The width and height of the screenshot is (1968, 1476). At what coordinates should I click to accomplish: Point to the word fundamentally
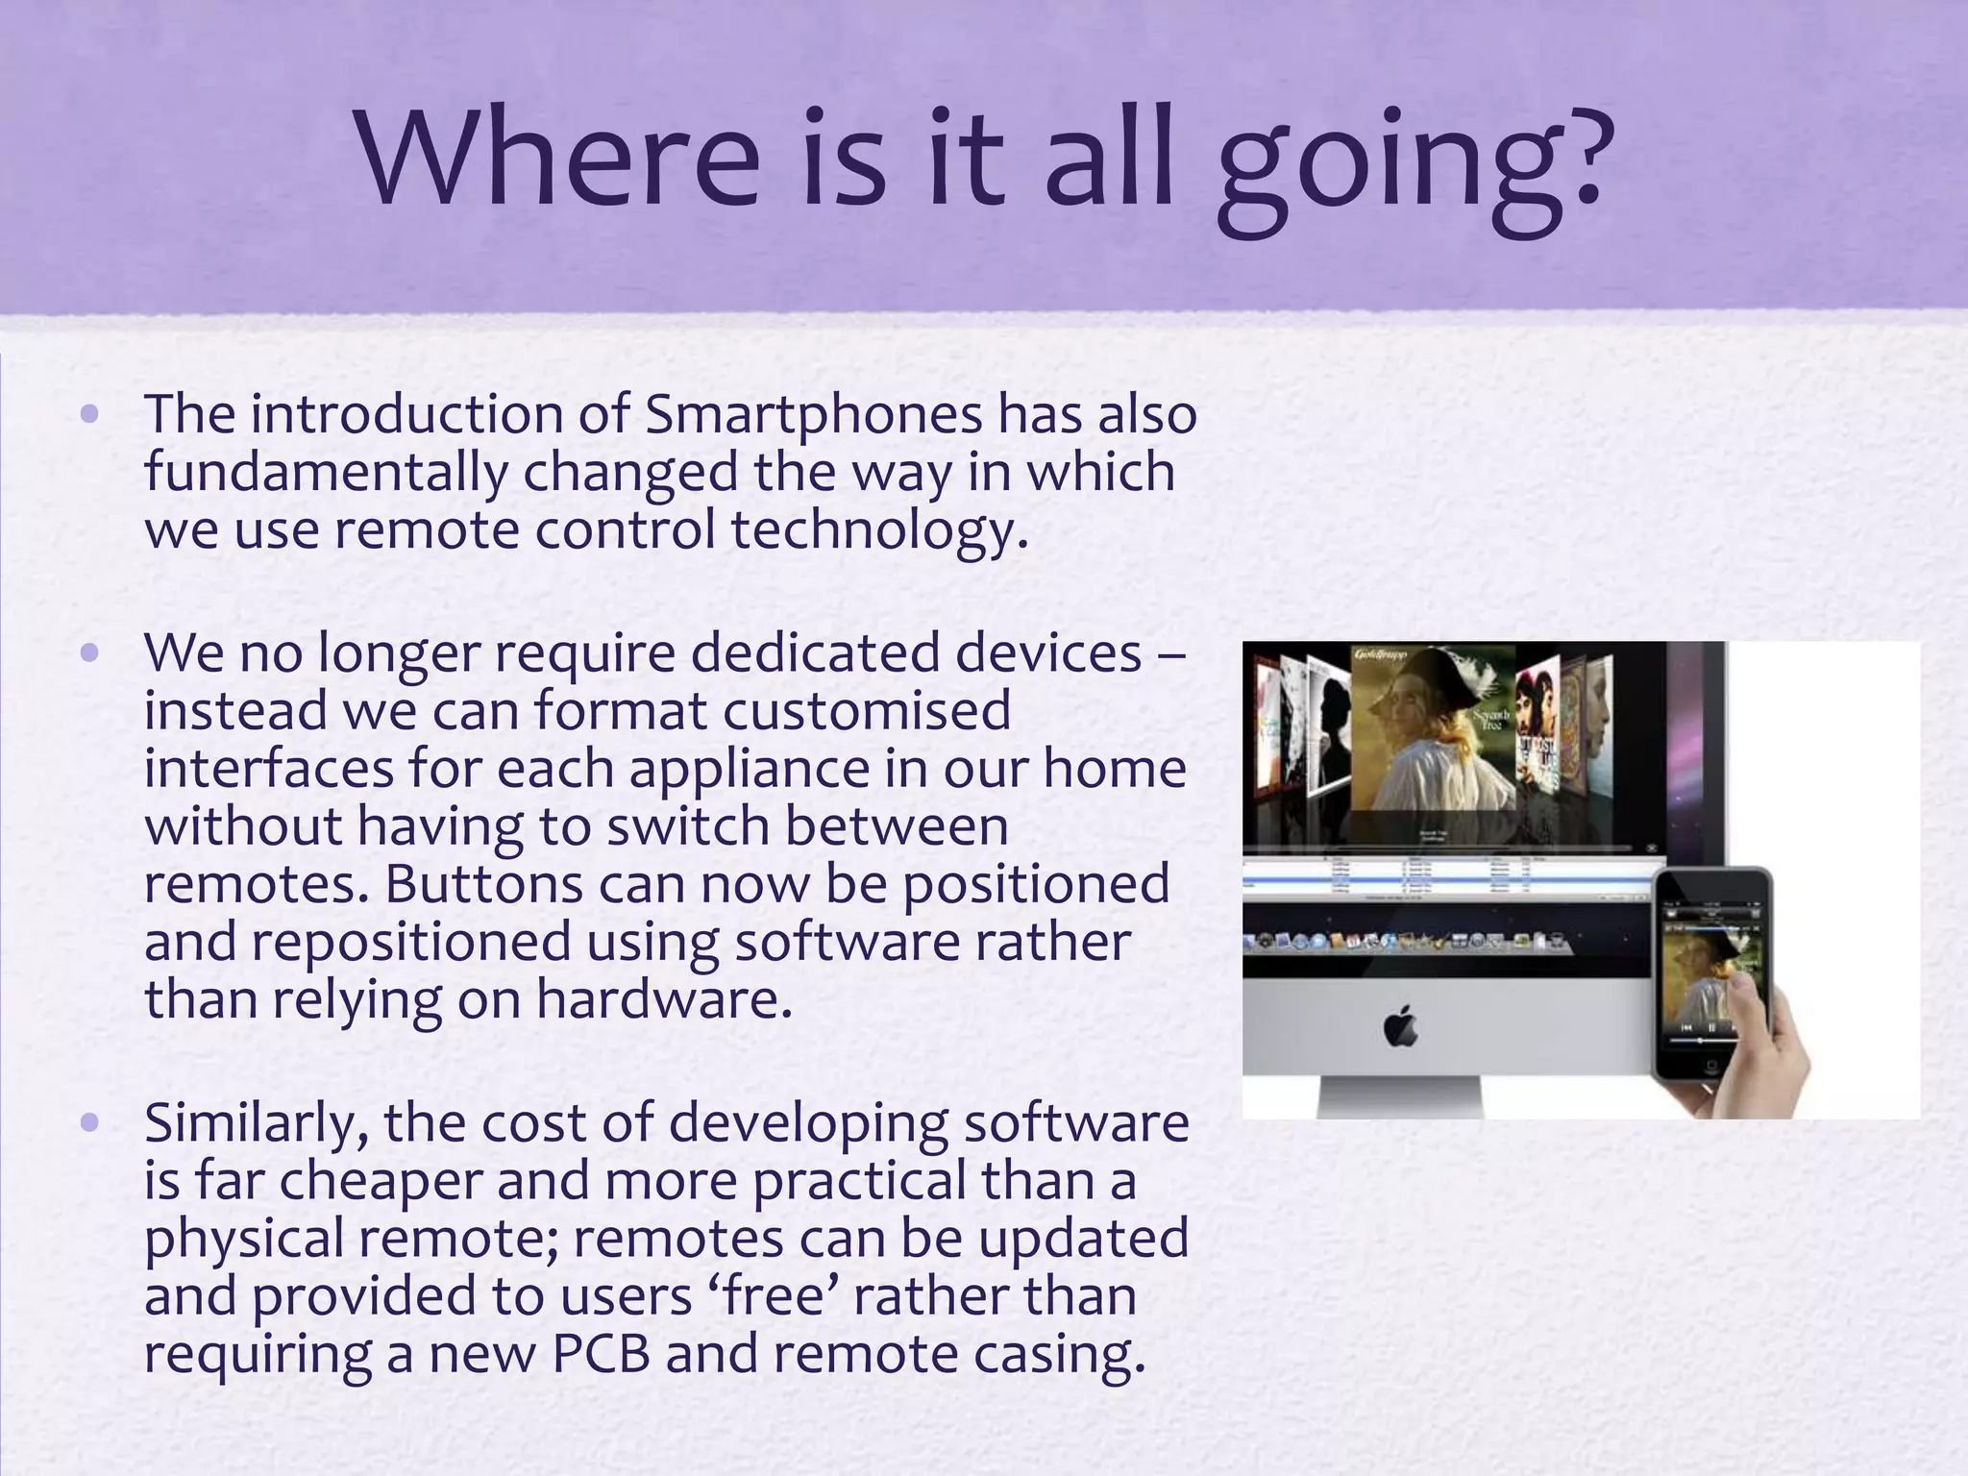[325, 474]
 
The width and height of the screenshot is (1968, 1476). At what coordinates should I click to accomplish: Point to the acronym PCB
[602, 1354]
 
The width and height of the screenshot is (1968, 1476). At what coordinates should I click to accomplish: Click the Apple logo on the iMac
[1400, 1030]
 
